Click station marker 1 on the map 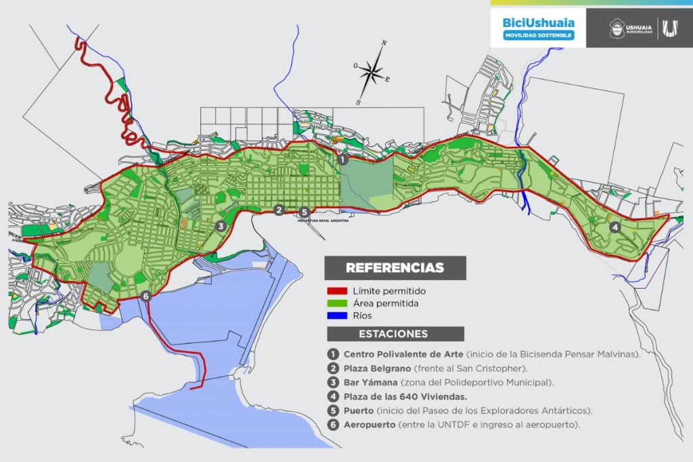click(342, 160)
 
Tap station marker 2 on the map click(279, 210)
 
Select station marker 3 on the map click(220, 227)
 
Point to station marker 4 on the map click(614, 227)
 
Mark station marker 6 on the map click(146, 296)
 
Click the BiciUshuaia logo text click(538, 22)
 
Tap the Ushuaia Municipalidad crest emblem click(617, 28)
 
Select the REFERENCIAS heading click(395, 268)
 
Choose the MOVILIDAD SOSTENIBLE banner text click(538, 35)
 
